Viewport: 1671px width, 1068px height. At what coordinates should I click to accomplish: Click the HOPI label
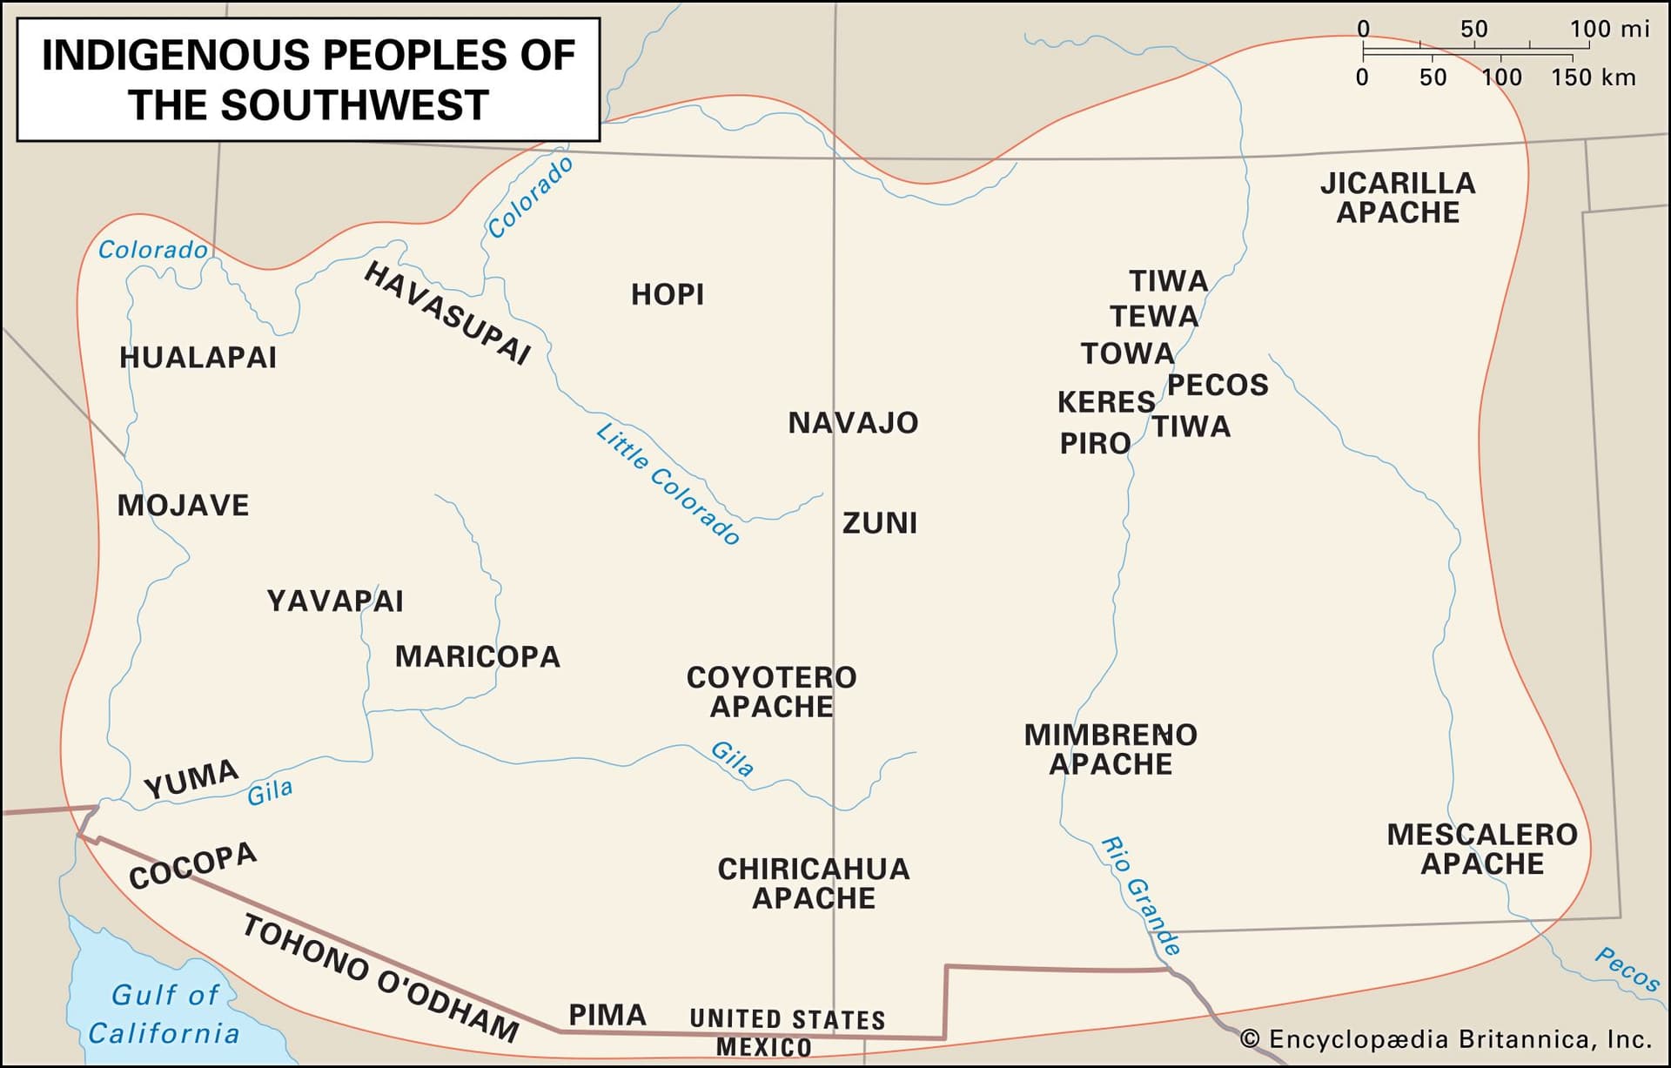(668, 295)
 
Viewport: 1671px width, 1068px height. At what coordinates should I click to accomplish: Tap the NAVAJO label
(853, 423)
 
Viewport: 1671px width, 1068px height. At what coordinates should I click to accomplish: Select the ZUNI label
(880, 523)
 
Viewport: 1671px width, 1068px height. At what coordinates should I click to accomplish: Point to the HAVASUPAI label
(447, 312)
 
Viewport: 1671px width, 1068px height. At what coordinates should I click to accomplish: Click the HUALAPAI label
(198, 358)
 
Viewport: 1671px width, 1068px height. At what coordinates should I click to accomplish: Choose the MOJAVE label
(183, 506)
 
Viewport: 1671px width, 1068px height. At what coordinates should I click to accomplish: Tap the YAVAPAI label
(335, 601)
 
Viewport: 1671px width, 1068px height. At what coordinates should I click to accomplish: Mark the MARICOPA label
(478, 656)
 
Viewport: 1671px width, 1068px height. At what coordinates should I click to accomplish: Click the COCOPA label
(192, 865)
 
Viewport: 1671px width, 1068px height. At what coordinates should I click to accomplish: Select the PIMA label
(607, 1015)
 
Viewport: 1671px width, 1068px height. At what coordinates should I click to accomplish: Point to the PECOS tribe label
(1218, 385)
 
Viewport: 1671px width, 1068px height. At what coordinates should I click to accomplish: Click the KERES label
(1106, 402)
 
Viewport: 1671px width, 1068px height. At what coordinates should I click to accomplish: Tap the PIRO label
(1095, 444)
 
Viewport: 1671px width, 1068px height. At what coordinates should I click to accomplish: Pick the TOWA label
(1128, 353)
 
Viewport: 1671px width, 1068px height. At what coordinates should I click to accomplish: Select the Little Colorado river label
(668, 483)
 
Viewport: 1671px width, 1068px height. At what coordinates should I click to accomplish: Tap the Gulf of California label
(164, 1014)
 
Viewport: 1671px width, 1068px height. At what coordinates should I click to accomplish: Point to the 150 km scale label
(1593, 77)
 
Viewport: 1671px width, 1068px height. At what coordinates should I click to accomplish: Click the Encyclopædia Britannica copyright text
(1445, 1039)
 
